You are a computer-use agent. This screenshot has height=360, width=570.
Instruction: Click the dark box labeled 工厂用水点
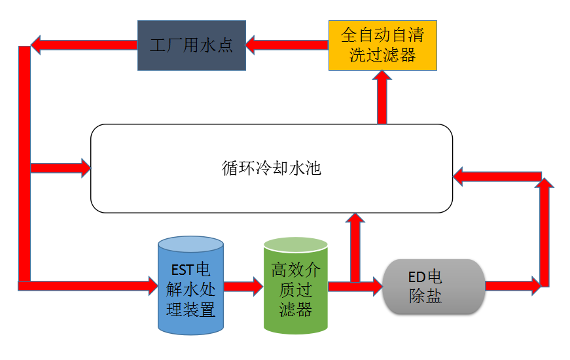(191, 46)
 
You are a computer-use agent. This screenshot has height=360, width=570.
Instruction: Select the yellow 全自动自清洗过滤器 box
(382, 45)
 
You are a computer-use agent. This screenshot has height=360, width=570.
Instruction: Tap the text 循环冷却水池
(272, 168)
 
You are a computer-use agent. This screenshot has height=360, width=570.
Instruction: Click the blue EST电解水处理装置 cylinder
(190, 287)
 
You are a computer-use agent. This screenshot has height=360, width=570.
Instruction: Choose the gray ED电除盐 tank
(433, 287)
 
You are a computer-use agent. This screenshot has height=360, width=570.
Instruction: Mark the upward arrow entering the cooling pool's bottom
(355, 245)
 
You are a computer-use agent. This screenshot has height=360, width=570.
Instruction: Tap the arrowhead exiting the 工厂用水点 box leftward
(38, 45)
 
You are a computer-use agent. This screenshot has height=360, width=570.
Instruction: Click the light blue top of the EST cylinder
(190, 244)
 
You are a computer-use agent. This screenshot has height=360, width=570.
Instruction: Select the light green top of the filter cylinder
(295, 245)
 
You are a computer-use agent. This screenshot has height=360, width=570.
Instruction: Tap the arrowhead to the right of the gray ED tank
(535, 285)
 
